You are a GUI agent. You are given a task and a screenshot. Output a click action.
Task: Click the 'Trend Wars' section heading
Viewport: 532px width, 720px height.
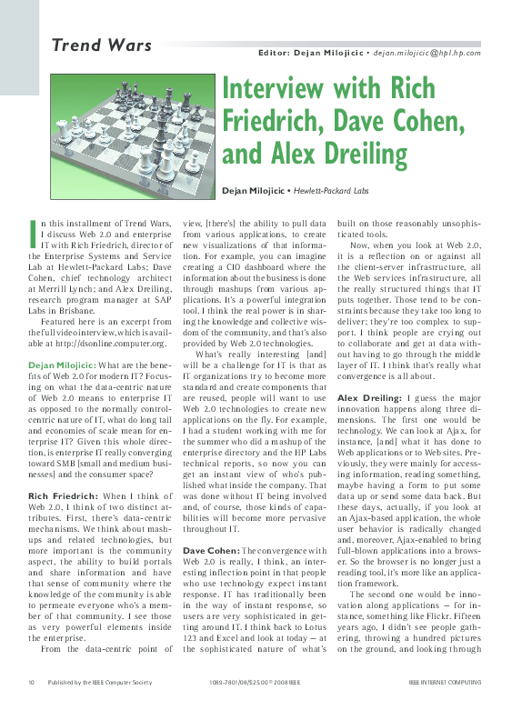pos(95,45)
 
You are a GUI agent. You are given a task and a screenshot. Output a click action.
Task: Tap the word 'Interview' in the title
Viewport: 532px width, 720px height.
pos(286,91)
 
